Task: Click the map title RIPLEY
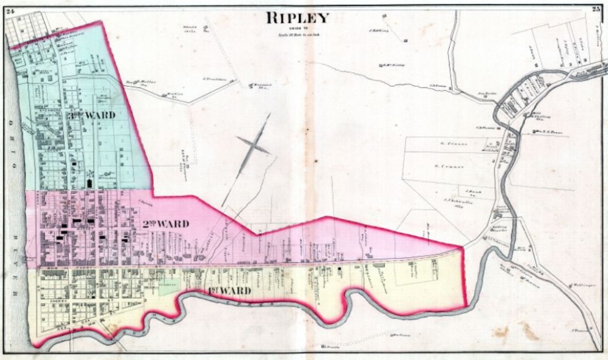(298, 17)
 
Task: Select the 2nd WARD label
(166, 224)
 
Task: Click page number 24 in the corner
(10, 7)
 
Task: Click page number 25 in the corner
(597, 8)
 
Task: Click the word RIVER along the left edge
(15, 278)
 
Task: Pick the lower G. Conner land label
(450, 166)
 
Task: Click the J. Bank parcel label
(472, 191)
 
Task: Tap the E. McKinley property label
(393, 66)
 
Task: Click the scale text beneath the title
(298, 34)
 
